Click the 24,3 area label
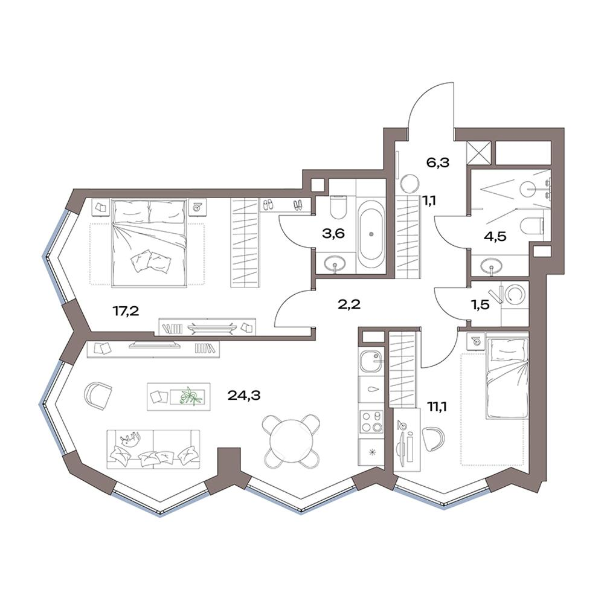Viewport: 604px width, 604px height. [x=244, y=395]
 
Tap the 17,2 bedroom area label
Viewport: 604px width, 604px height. [x=126, y=310]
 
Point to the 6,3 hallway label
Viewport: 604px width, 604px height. [x=438, y=162]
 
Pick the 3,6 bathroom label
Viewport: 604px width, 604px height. [x=333, y=233]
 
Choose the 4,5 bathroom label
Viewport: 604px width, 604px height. [x=495, y=236]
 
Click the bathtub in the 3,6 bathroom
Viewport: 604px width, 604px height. [x=371, y=234]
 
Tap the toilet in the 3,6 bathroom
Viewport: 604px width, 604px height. [x=339, y=205]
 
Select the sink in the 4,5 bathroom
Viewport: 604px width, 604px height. [x=491, y=266]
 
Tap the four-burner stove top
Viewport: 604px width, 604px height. [x=371, y=422]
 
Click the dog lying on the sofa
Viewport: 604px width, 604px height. [x=130, y=439]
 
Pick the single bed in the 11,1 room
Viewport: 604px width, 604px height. [x=506, y=377]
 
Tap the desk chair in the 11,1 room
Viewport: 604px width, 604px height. [x=433, y=437]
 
